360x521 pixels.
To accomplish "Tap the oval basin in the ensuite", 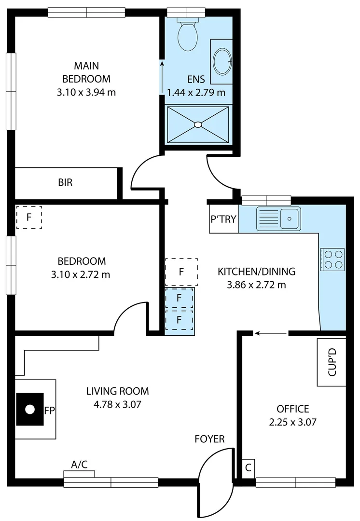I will tap(222, 61).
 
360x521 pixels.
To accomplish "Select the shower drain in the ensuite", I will tap(198, 124).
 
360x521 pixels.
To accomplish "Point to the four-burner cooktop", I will tap(332, 260).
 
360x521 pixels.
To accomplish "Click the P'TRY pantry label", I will tap(223, 219).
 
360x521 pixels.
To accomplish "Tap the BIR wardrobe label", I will tap(66, 183).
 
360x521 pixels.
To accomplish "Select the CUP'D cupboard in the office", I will tap(332, 362).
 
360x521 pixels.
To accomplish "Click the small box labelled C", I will tap(248, 467).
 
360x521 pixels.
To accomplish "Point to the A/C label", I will tap(80, 465).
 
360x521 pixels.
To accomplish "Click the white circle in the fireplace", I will tap(30, 410).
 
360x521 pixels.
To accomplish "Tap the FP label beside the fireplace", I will tap(49, 411).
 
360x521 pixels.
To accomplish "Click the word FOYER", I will tap(209, 439).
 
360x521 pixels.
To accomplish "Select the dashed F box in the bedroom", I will tap(29, 217).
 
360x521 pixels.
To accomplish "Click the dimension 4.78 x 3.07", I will tap(117, 405).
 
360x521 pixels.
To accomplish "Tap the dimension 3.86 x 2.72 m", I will tap(256, 285).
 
